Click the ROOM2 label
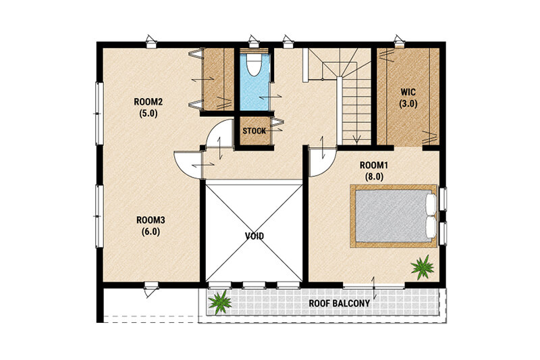(148, 102)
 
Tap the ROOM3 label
(151, 220)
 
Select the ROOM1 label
(374, 165)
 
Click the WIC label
(408, 93)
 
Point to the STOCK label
(254, 131)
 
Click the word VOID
(254, 236)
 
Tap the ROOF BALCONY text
(340, 303)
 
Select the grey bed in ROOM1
(394, 216)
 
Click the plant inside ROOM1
(422, 267)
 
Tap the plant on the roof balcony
(220, 302)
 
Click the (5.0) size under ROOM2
(148, 113)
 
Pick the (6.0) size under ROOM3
(151, 232)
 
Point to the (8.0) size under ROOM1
(374, 177)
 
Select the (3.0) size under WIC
(408, 104)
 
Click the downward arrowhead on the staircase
(357, 140)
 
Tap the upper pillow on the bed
(431, 205)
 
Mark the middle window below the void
(254, 285)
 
